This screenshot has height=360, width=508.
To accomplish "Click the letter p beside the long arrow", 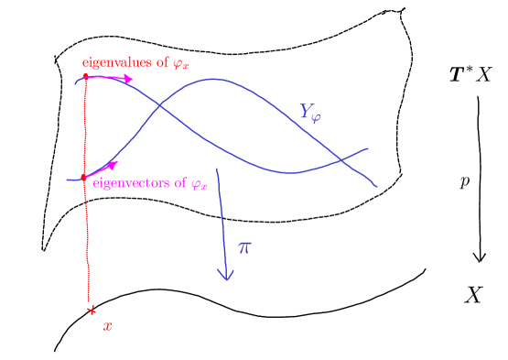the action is pos(465,181).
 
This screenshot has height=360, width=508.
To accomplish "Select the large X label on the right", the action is pos(472,295).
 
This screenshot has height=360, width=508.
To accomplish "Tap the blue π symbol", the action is pos(244,247).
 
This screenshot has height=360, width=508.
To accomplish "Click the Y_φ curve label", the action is pos(311,113).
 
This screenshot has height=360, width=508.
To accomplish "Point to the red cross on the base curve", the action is pos(91,311).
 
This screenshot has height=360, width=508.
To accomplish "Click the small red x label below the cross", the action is pos(107,326).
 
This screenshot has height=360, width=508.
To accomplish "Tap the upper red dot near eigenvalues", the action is pos(85,77).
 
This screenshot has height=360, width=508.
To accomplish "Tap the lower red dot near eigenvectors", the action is pos(83,177).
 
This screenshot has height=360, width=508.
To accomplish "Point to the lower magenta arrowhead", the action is pos(113,165).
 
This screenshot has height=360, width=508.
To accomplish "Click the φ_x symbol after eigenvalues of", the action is pos(181,63).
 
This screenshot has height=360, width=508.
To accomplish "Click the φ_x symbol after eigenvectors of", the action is pos(199,183).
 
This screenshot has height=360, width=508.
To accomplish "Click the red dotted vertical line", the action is pos(86,238).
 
